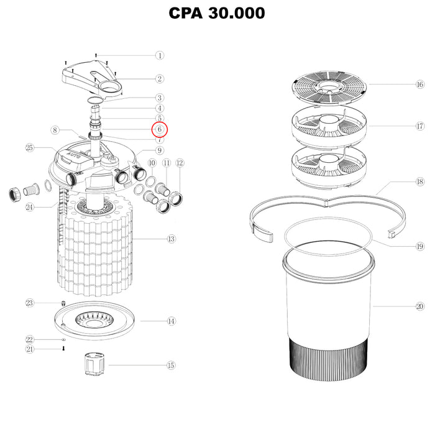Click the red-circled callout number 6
coord(160,129)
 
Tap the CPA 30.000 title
coord(217,13)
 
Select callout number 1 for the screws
coord(160,55)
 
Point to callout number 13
coord(171,239)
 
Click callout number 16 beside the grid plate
coord(420,85)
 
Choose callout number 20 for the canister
coord(419,306)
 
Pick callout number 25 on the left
coord(29,148)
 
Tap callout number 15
coord(171,365)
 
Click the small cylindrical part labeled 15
coord(94,364)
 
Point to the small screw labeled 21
coord(63,349)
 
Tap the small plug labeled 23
coord(63,303)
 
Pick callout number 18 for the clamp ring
coord(420,181)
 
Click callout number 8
coord(55,130)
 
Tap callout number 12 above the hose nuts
coord(180,163)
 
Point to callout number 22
coord(29,339)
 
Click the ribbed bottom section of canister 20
coord(329,359)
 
